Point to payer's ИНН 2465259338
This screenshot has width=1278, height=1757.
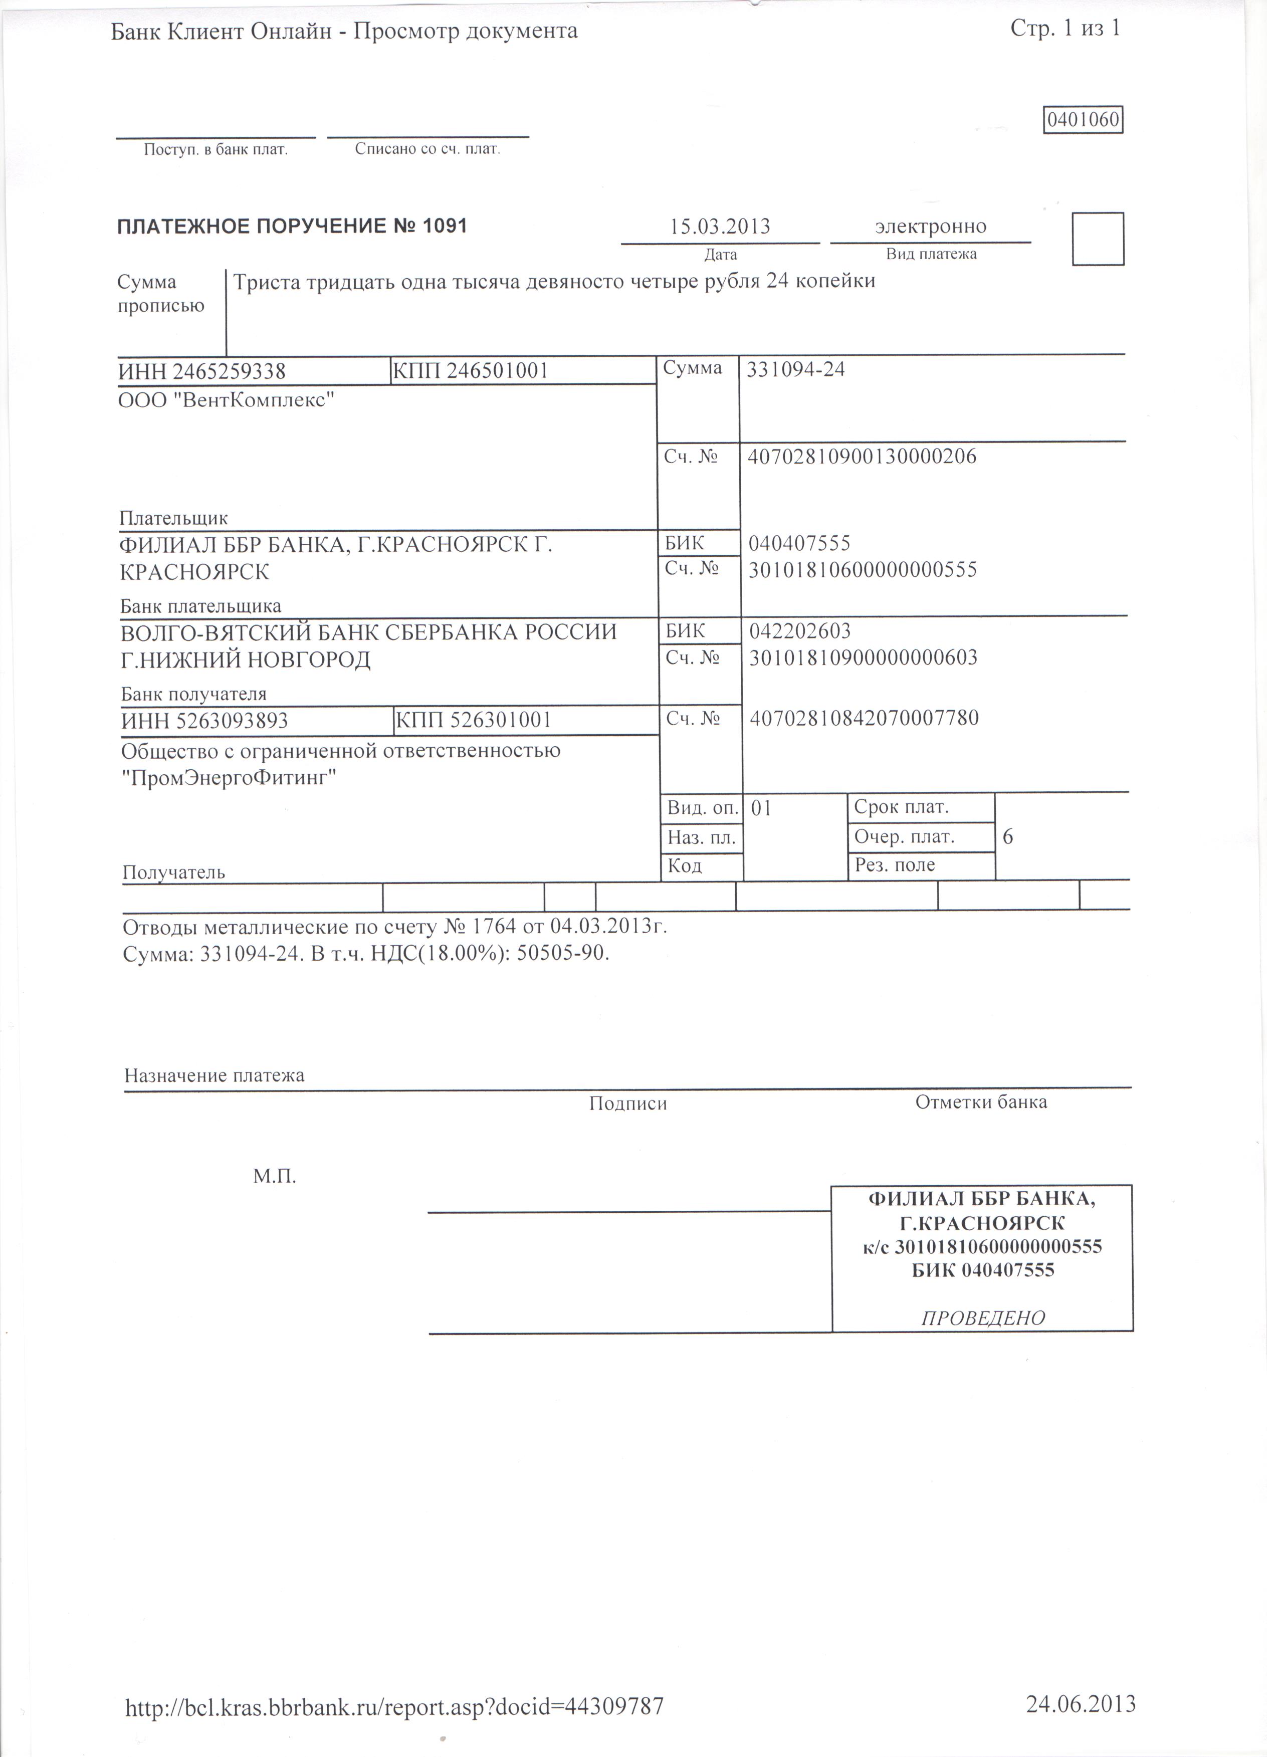(x=203, y=373)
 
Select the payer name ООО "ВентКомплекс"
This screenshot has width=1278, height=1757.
(x=227, y=401)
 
